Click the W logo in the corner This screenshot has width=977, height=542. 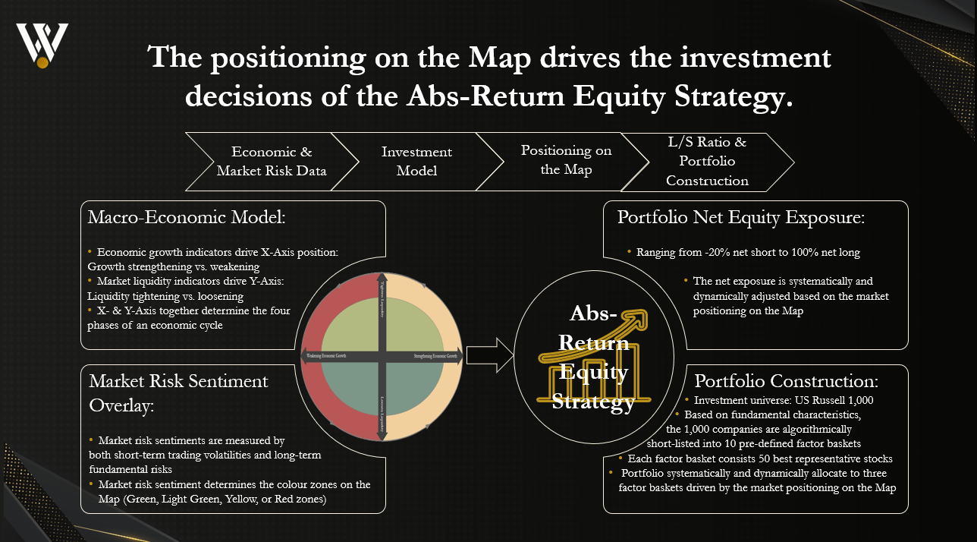[x=42, y=45]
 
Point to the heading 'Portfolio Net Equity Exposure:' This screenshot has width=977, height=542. [x=741, y=218]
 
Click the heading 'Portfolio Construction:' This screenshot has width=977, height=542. [x=787, y=381]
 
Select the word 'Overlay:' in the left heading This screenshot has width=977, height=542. [x=121, y=405]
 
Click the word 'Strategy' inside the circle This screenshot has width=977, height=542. [x=593, y=402]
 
